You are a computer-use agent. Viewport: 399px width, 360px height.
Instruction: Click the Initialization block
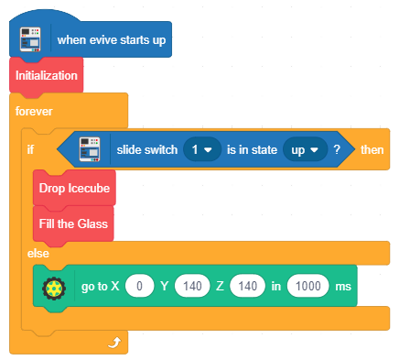(46, 75)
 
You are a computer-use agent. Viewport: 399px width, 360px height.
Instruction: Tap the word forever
(34, 111)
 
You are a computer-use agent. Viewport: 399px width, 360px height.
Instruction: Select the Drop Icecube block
(74, 188)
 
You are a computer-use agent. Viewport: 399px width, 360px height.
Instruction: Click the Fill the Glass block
(73, 224)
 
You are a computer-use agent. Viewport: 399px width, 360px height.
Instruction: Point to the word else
(38, 254)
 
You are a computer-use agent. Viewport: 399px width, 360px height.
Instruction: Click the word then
(372, 150)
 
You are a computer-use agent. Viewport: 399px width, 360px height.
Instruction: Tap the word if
(30, 149)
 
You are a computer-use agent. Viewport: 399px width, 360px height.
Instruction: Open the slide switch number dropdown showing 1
(202, 149)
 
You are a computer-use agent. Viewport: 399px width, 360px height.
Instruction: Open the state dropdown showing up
(305, 149)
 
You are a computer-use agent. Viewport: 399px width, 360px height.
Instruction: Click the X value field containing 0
(139, 286)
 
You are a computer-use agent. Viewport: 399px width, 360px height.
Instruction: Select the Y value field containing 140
(192, 286)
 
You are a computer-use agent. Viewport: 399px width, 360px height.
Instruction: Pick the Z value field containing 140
(247, 286)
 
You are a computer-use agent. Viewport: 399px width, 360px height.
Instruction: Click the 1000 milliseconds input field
(308, 286)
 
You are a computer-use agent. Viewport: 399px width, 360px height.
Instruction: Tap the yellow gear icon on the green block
(54, 288)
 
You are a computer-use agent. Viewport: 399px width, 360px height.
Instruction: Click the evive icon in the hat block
(30, 39)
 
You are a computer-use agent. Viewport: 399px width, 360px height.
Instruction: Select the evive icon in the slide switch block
(90, 149)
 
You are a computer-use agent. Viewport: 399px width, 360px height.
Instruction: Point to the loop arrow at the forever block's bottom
(114, 343)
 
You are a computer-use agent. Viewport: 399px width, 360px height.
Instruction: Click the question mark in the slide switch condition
(337, 149)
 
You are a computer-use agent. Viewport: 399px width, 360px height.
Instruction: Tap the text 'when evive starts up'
(112, 40)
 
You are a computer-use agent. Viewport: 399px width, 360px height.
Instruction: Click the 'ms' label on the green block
(343, 287)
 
